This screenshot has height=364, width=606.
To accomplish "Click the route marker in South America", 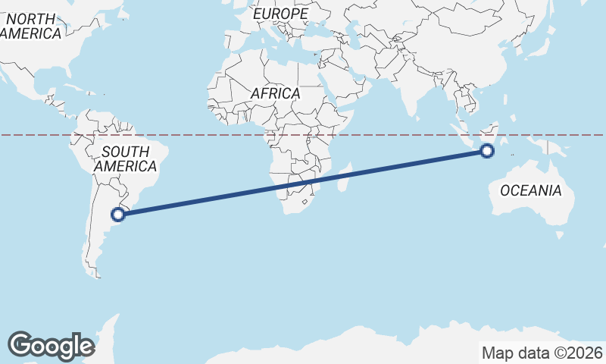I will pos(118,215).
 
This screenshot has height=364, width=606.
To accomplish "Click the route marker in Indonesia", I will pos(487,152).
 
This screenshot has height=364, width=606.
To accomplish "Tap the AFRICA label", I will pos(275,94).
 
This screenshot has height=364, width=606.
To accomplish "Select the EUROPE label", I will pos(280,14).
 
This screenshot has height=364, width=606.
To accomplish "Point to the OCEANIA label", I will pos(530,190).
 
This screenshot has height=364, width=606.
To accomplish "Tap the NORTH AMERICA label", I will pos(30,27).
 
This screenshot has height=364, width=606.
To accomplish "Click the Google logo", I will pos(51,345).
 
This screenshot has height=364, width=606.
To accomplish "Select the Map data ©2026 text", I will pos(542,353).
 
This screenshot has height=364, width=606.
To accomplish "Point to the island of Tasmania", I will pos(560,235).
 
